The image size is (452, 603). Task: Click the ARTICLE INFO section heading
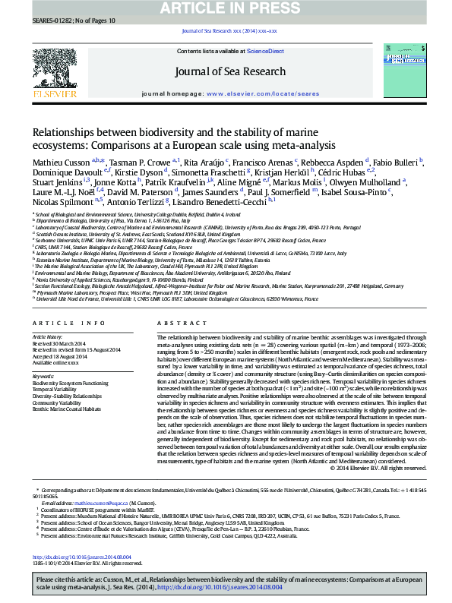(x=58, y=324)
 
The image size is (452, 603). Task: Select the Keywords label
(x=43, y=375)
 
